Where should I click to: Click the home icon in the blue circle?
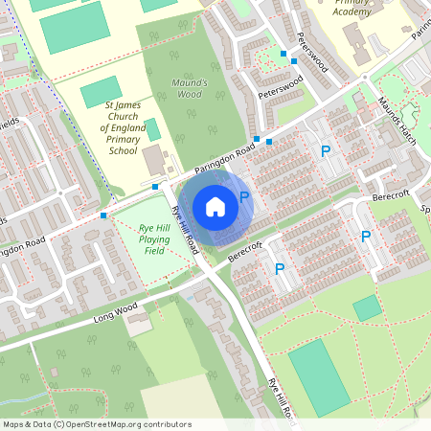pos(215,206)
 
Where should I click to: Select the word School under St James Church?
pos(123,151)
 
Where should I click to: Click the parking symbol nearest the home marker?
pos(244,197)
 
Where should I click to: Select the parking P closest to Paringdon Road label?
pos(326,151)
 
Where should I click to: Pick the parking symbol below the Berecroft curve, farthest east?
pos(365,237)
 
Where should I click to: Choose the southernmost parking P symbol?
pos(279,270)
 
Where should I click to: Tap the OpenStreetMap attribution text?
pos(97,423)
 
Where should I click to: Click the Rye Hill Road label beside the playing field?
pos(184,230)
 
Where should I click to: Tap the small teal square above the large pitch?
pos(367,307)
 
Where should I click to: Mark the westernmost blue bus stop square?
pos(103,215)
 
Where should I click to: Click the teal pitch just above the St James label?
pos(101,93)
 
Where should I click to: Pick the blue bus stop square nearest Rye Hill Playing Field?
pos(155,186)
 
